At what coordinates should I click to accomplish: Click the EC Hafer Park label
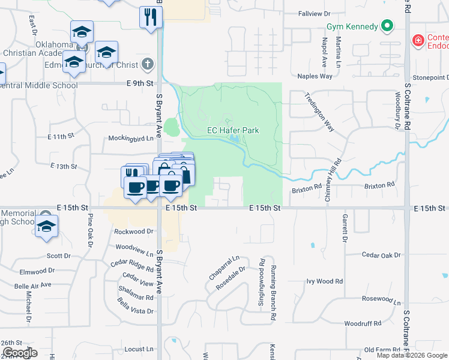233,130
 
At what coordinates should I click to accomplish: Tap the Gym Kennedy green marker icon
388,26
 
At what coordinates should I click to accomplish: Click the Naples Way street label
315,76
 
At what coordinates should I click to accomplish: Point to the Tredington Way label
319,112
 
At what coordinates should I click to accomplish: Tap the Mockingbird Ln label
131,137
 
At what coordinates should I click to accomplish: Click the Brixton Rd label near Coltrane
379,185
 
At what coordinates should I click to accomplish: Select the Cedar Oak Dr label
381,254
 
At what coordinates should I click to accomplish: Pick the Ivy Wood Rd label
324,281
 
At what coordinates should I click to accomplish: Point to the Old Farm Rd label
377,349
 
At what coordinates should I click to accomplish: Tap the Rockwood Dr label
134,231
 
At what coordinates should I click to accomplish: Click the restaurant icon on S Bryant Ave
151,16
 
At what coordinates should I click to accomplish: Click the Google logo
19,353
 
